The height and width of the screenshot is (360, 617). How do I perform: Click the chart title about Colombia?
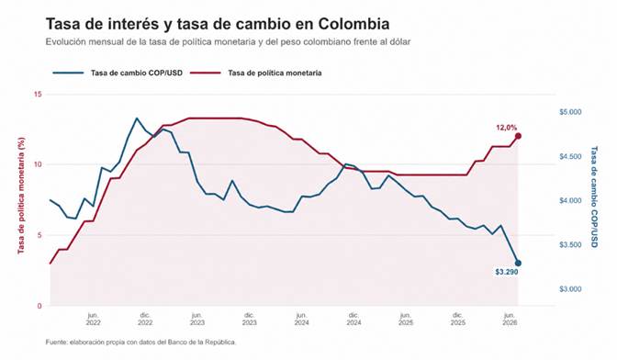tap(218, 24)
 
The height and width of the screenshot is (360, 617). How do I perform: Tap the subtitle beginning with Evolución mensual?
tap(228, 41)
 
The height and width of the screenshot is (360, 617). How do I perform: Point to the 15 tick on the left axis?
tap(39, 95)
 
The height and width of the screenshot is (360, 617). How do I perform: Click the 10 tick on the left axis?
tap(39, 164)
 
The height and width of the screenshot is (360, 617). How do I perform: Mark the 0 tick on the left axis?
tap(39, 306)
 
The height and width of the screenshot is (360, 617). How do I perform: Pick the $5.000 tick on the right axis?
tap(570, 112)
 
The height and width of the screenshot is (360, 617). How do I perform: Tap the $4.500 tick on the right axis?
tap(570, 157)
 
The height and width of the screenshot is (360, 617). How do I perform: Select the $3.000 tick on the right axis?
tap(570, 289)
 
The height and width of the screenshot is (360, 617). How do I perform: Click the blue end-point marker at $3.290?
tap(518, 264)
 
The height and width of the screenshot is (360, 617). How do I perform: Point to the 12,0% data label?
tap(507, 128)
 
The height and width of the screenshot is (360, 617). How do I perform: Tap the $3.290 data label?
tap(507, 272)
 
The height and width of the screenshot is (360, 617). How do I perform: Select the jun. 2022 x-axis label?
tap(93, 319)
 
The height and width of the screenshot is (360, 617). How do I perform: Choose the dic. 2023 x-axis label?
tap(250, 319)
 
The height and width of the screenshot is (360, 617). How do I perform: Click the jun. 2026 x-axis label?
tap(510, 319)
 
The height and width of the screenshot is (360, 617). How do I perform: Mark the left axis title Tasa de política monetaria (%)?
tap(21, 196)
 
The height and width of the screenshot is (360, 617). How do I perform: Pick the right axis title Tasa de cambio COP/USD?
tap(594, 197)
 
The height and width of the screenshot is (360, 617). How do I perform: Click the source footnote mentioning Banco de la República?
tap(140, 343)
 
